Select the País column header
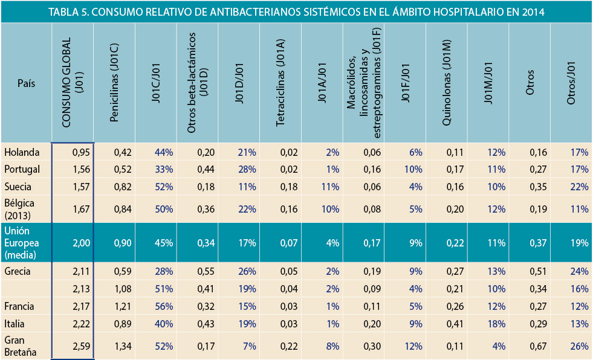coord(26,83)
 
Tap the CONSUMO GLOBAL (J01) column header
coord(73,83)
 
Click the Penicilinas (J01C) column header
coord(115,83)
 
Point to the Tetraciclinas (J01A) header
coord(280,83)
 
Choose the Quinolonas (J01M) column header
coord(447,83)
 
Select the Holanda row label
coord(22,152)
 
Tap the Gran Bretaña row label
coord(19,346)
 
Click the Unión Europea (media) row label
coord(21,243)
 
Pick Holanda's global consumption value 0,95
coord(80,152)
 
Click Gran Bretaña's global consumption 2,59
coord(80,347)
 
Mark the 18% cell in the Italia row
coord(496,324)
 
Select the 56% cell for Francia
coord(164,307)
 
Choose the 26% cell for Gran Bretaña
coord(579,347)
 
